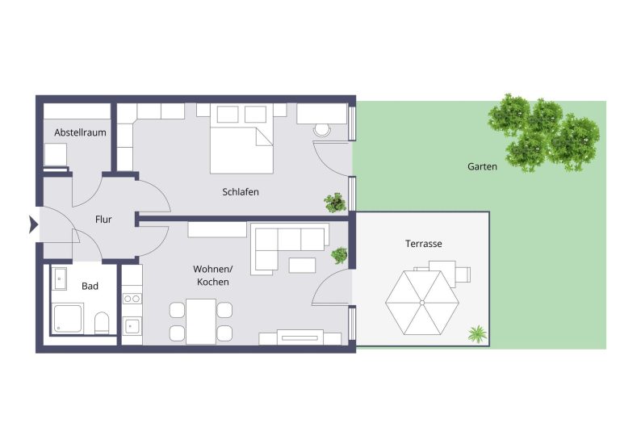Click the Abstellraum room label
point(80,132)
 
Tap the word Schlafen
point(241,191)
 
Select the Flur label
point(103,220)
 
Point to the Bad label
point(90,286)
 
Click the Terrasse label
point(424,244)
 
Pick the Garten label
point(483,167)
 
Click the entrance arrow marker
point(34,224)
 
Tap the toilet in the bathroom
point(102,324)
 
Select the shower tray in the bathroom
point(68,318)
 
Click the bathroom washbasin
point(60,278)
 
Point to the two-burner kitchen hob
point(132,299)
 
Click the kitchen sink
point(132,326)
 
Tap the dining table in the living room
point(201,321)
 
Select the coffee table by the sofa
point(302,266)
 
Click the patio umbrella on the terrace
point(422,303)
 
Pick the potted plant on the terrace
point(477,333)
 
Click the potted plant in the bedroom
point(335,203)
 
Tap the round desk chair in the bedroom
point(322,130)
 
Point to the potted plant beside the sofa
point(339,255)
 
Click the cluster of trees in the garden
point(543,133)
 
